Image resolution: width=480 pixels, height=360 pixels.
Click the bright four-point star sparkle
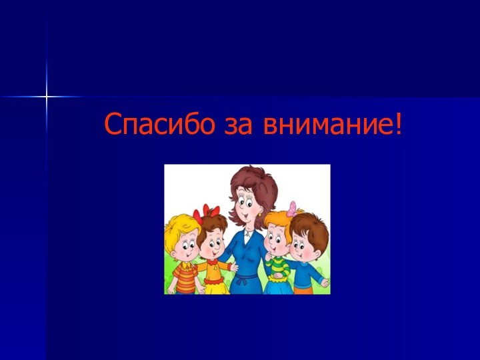pos(47,97)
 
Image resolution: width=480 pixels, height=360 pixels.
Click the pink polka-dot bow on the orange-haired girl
pos(291,208)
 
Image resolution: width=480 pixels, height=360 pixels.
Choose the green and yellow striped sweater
pos(276,269)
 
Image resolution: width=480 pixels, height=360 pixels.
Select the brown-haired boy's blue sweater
pos(305,273)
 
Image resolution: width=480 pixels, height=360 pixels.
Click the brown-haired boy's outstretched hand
pos(325,283)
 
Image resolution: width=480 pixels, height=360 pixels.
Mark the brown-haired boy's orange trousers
pos(303,290)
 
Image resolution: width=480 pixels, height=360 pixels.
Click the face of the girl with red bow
pos(213,247)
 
